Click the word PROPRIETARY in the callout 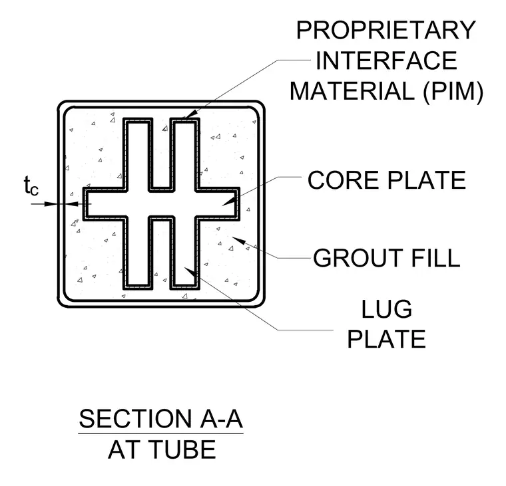coord(386,30)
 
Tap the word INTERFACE coord(386,61)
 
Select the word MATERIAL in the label coord(352,91)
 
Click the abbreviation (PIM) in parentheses coord(453,92)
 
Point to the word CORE coord(344,180)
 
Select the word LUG coord(387,309)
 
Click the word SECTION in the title coord(136,419)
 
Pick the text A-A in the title coord(221,419)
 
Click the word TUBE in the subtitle coord(184,449)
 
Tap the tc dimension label coord(31,186)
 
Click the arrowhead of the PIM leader coord(190,114)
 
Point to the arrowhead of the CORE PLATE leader coord(228,201)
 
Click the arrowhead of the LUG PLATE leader coord(190,272)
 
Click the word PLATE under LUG coord(387,338)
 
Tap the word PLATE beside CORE coord(427,180)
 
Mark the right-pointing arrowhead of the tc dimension coord(51,203)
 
